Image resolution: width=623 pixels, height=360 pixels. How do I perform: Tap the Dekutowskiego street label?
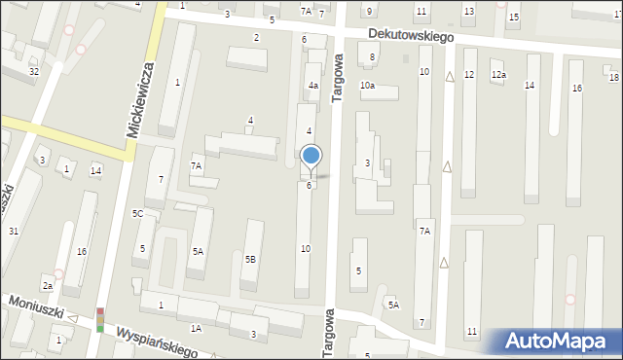pos(411,34)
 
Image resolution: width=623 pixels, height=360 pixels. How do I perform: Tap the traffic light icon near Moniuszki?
pos(99,320)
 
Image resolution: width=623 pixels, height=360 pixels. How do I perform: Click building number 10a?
pos(367,86)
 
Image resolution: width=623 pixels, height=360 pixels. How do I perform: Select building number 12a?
pos(498,75)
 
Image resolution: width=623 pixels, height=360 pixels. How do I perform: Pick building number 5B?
pos(250,259)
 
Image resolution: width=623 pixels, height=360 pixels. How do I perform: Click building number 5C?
pos(137,213)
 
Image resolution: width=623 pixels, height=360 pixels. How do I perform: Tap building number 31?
pos(13,231)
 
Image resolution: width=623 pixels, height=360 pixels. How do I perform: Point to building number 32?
pos(33,72)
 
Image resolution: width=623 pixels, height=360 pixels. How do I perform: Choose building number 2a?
pos(47,285)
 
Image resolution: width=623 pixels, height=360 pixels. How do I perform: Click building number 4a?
pos(313,86)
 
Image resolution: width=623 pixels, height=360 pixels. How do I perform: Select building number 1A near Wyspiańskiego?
pos(196,329)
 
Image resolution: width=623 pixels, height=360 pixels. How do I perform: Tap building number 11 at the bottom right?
pos(472,332)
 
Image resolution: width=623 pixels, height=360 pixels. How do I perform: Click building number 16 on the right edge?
pos(576,89)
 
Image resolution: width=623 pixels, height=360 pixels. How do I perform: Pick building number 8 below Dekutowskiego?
pos(372,57)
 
